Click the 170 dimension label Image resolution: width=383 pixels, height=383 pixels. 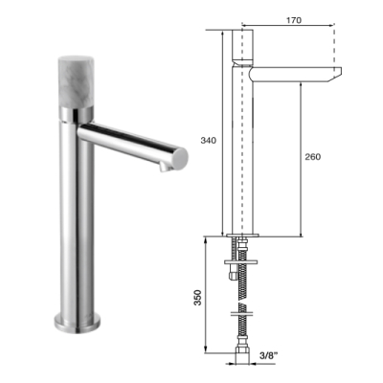294,20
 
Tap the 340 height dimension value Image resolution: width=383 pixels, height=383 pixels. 209,140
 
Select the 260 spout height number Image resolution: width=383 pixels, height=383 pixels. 313,157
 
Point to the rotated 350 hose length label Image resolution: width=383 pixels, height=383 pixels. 198,298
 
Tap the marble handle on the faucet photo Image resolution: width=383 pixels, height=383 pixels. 76,82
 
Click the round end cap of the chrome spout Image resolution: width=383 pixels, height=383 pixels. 180,158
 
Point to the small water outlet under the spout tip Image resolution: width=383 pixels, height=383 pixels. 165,167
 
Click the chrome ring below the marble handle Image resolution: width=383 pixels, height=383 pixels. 76,115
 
